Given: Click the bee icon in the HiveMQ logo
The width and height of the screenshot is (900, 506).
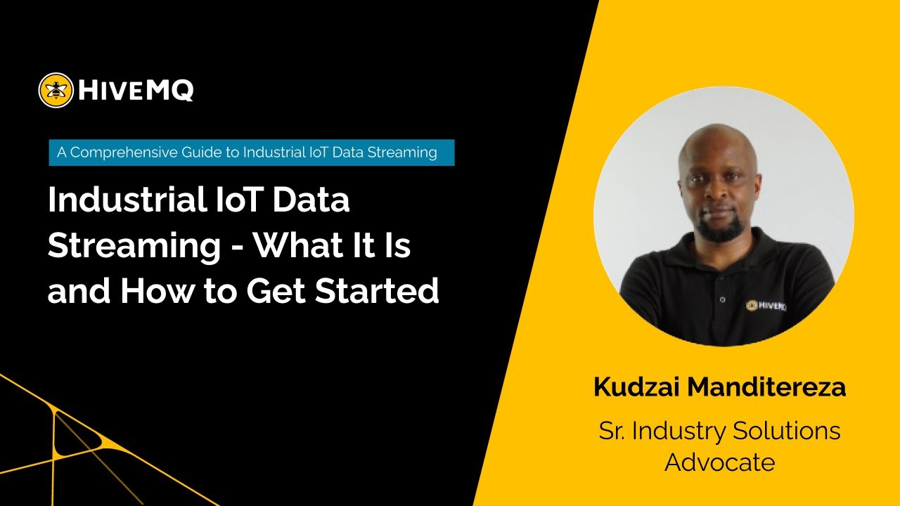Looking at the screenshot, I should point(56,90).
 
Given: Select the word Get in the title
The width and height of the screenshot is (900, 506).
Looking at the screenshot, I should point(275,291).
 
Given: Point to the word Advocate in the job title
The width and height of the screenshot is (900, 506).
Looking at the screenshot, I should point(720,462).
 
